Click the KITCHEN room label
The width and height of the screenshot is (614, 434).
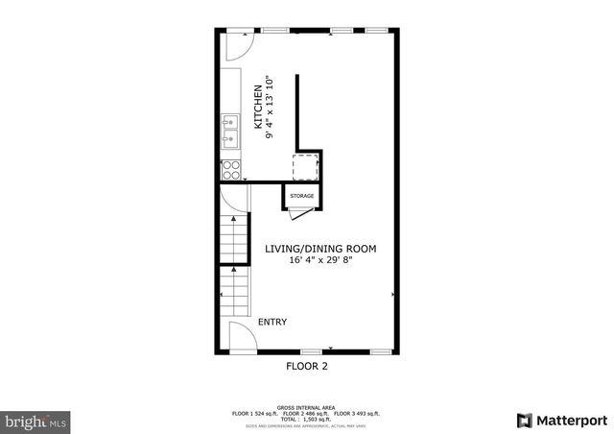pyautogui.click(x=257, y=107)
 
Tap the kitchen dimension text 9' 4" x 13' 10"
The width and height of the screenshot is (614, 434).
pyautogui.click(x=272, y=107)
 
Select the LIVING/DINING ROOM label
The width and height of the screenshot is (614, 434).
pyautogui.click(x=320, y=249)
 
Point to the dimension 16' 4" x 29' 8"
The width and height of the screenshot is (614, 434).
pyautogui.click(x=320, y=261)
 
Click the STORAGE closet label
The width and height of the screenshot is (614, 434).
pyautogui.click(x=302, y=196)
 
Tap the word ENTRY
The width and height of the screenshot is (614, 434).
pyautogui.click(x=272, y=323)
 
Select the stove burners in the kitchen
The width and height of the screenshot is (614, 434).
pyautogui.click(x=230, y=170)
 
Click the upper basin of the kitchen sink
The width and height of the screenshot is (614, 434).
pyautogui.click(x=230, y=122)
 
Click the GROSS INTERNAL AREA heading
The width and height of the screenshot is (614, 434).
pyautogui.click(x=307, y=407)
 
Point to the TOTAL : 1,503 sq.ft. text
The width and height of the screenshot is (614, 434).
pyautogui.click(x=307, y=419)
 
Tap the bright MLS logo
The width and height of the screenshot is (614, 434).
pyautogui.click(x=36, y=421)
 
